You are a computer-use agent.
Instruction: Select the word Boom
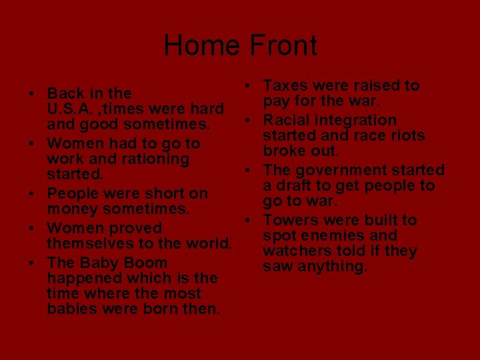143,263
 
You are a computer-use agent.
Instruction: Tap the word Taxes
284,85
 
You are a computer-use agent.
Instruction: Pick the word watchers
293,252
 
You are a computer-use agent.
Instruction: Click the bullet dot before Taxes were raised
247,85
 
